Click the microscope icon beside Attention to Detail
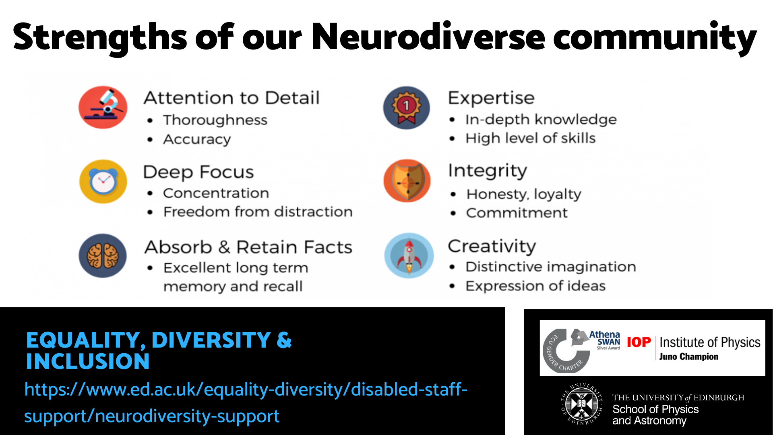tap(103, 107)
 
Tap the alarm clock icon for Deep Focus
tap(103, 181)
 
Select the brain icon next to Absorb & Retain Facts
tap(103, 256)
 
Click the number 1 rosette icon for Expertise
tap(407, 108)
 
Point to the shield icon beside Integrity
tap(407, 180)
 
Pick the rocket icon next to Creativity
tap(409, 255)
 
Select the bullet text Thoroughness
tap(215, 120)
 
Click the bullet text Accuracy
tap(197, 139)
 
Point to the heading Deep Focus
tap(198, 172)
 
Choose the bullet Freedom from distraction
tap(258, 211)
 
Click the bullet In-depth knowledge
tap(541, 120)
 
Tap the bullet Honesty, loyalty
tap(524, 194)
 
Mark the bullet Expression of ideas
tap(535, 286)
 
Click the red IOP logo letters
tap(639, 342)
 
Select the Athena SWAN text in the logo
tap(605, 338)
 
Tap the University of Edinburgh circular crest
tap(582, 404)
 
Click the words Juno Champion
tap(688, 356)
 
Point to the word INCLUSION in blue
tap(88, 361)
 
